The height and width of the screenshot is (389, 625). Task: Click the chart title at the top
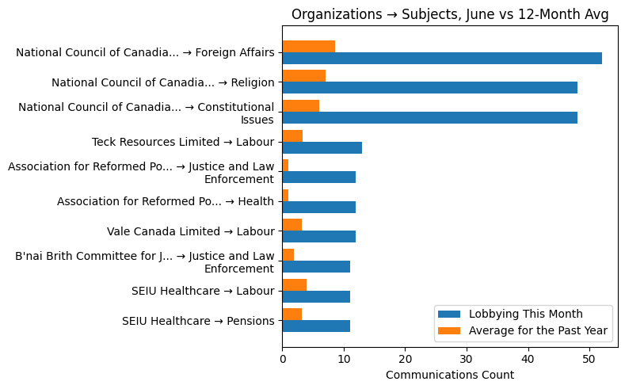(x=449, y=15)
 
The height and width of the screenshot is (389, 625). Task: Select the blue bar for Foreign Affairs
(x=441, y=58)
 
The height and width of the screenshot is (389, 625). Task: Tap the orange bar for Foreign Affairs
(x=308, y=46)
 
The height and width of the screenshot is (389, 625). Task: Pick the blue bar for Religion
(x=429, y=88)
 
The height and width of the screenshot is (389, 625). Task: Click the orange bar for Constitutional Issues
(x=300, y=106)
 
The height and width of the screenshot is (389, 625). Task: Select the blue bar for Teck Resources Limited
(x=322, y=147)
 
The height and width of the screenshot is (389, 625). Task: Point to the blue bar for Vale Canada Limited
(x=318, y=237)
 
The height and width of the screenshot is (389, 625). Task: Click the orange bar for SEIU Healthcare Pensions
(x=292, y=315)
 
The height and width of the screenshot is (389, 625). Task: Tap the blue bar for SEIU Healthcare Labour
(x=316, y=296)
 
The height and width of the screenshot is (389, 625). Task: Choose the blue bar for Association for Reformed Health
(x=318, y=207)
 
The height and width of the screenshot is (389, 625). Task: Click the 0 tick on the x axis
(x=283, y=359)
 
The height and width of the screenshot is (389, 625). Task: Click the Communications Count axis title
(x=449, y=375)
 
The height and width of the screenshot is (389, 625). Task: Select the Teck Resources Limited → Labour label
(x=183, y=142)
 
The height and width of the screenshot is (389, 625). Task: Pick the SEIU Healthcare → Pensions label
(x=198, y=321)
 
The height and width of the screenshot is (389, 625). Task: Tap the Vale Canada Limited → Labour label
(x=190, y=231)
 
